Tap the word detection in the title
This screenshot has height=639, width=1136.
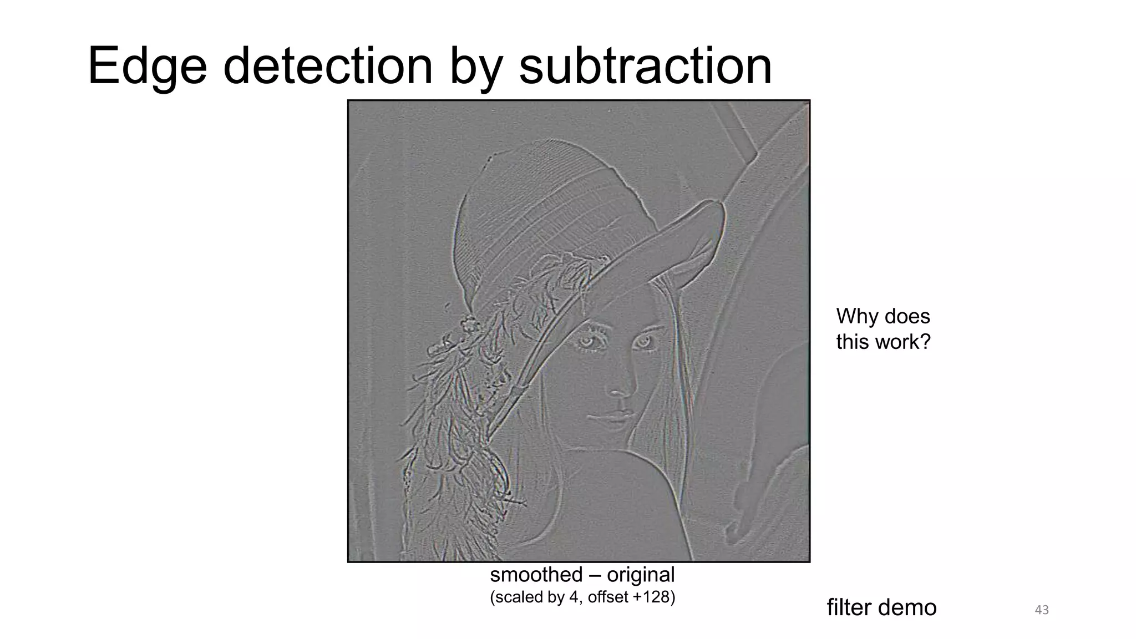pyautogui.click(x=327, y=67)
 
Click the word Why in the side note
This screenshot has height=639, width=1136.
pyautogui.click(x=859, y=316)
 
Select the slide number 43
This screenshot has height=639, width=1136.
pyautogui.click(x=1042, y=610)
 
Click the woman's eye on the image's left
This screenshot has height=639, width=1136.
pyautogui.click(x=587, y=342)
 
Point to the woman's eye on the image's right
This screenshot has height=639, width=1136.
pyautogui.click(x=645, y=341)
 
